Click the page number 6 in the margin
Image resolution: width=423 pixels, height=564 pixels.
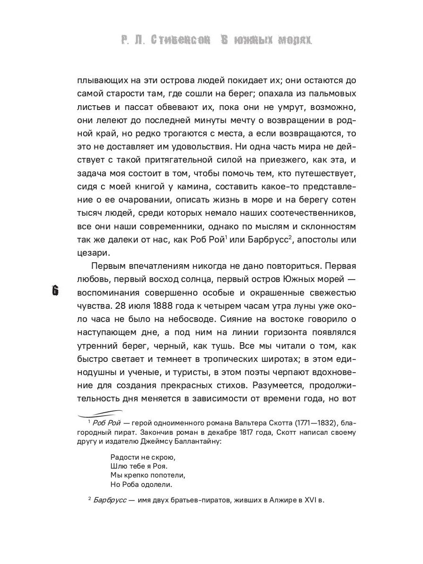coord(55,291)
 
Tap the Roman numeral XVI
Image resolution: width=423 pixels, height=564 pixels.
coord(307,500)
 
